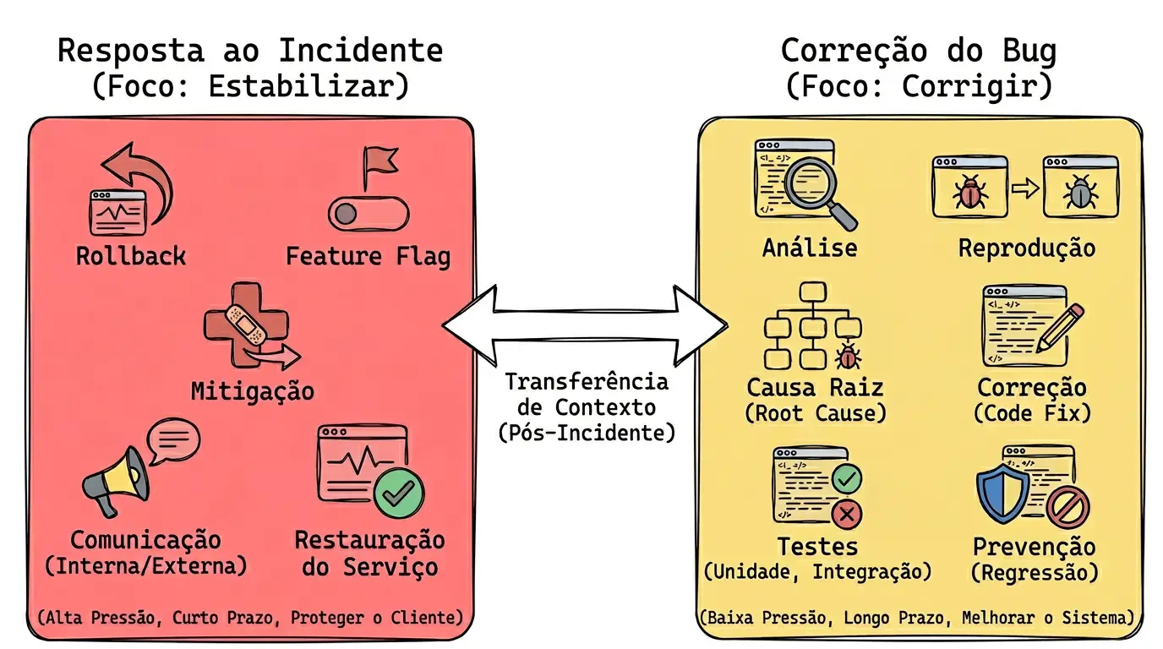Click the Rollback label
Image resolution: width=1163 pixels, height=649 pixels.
[x=131, y=256]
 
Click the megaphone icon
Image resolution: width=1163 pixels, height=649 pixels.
[x=116, y=482]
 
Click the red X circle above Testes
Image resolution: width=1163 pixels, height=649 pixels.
[x=846, y=513]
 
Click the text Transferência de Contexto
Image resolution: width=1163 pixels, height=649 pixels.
[x=586, y=395]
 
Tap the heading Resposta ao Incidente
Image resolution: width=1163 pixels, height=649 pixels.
[x=250, y=51]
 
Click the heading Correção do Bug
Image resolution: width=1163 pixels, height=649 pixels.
[x=918, y=51]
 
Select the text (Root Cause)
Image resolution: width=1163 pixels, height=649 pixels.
[x=815, y=413]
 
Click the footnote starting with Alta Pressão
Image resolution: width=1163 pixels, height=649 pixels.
[x=250, y=618]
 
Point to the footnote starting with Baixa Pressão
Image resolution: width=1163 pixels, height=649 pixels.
[x=918, y=618]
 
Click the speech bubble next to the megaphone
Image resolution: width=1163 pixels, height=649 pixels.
[x=173, y=440]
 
